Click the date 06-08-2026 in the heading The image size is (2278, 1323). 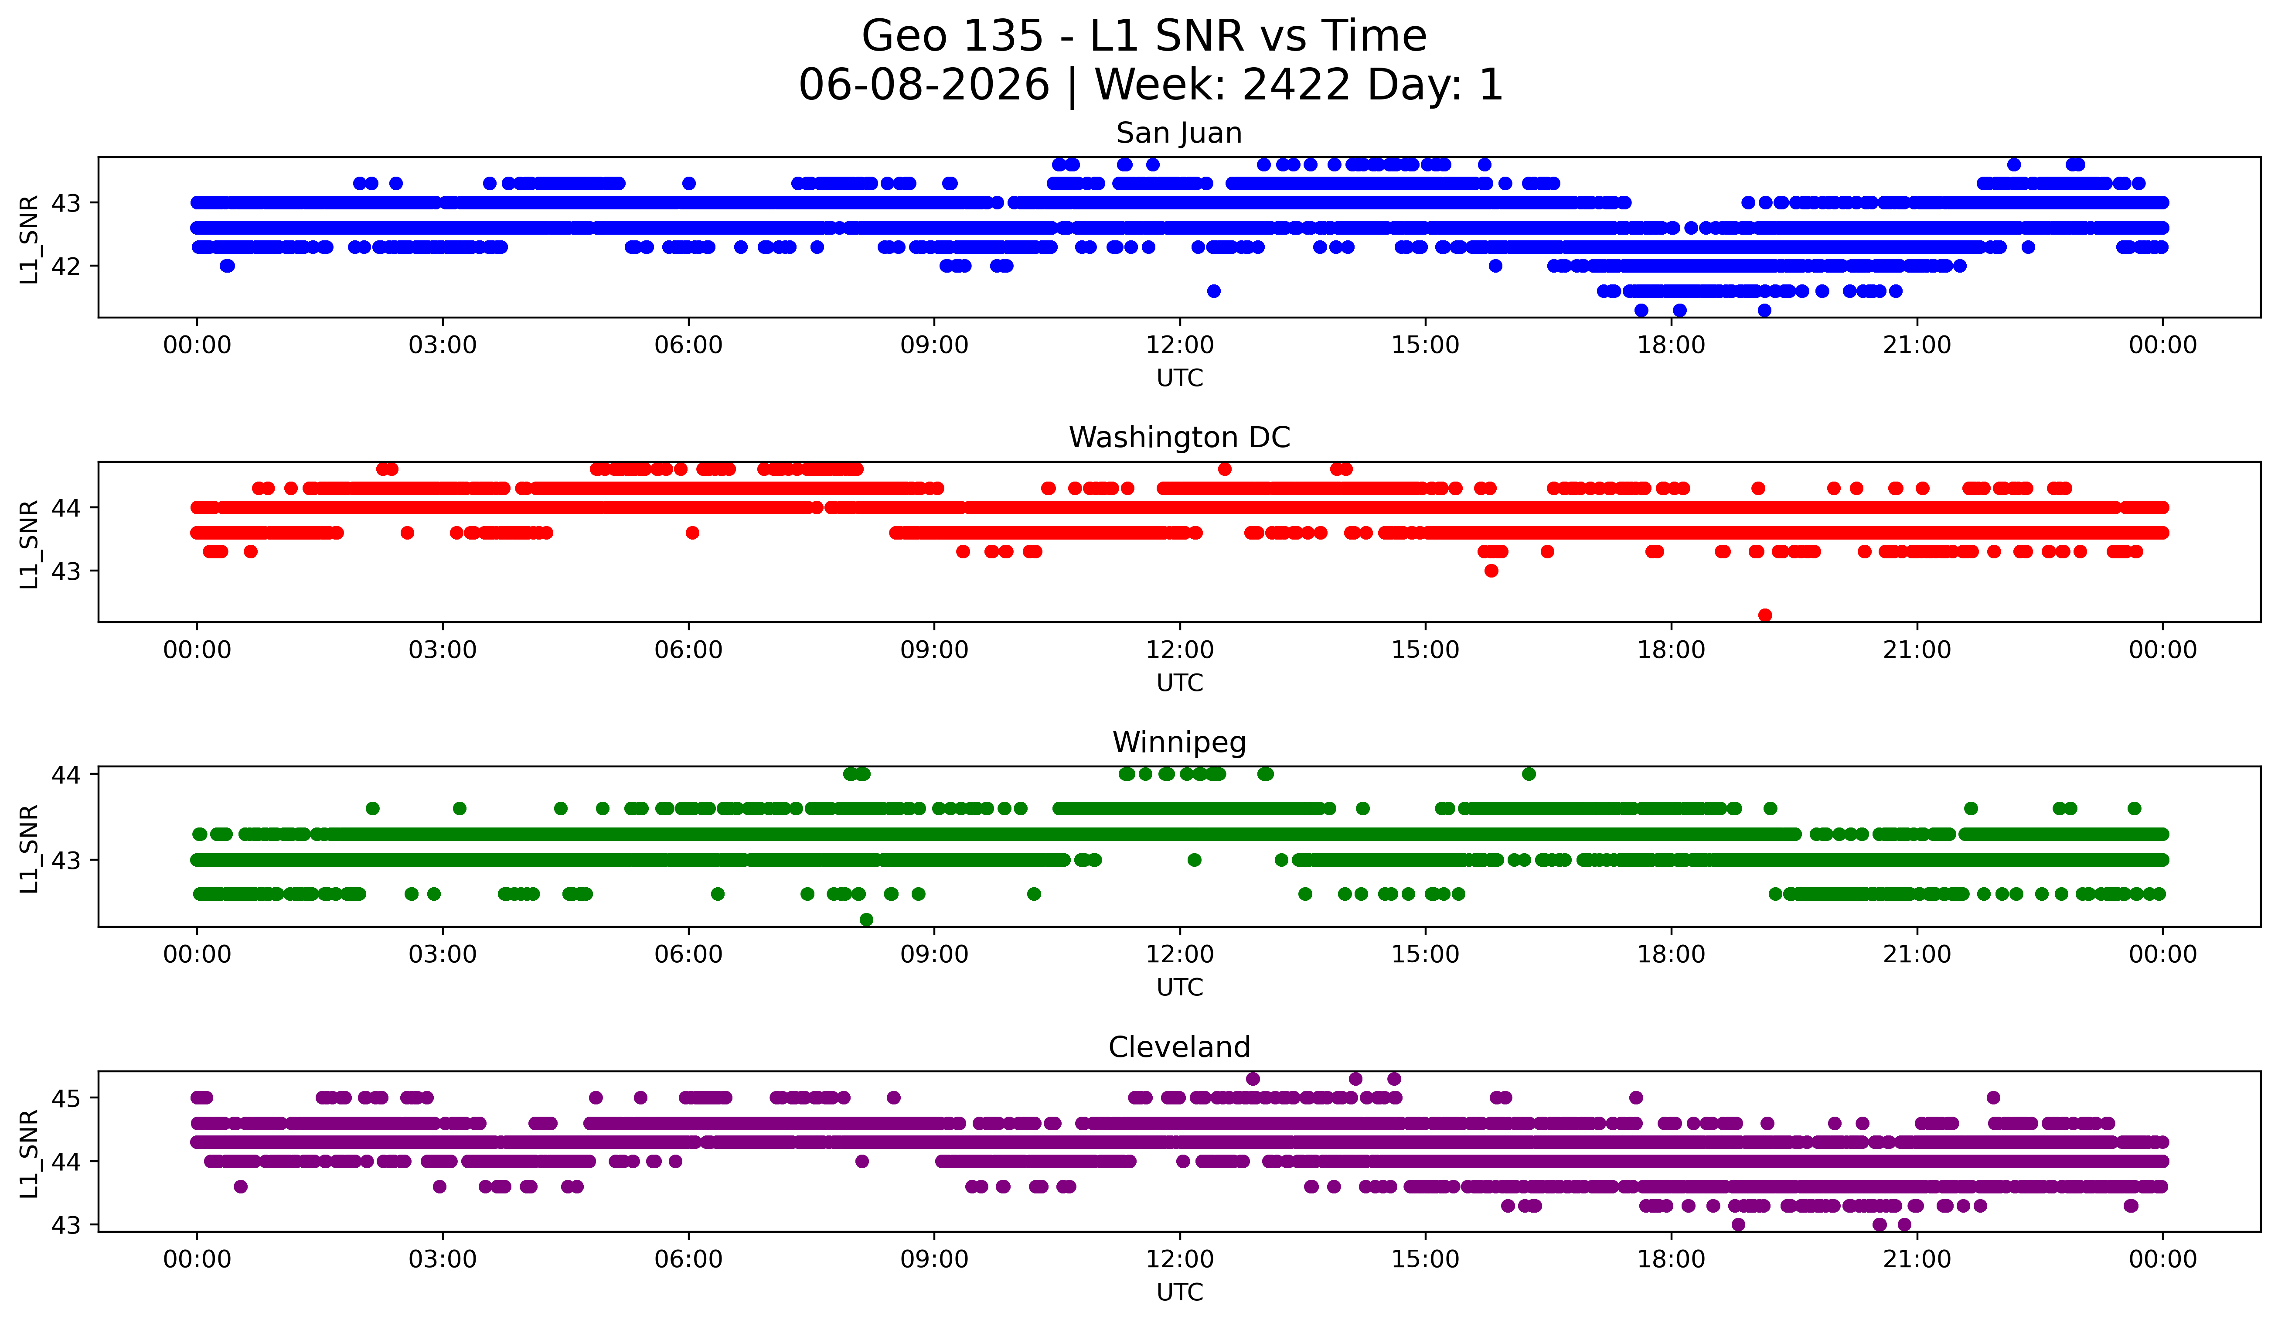click(x=924, y=85)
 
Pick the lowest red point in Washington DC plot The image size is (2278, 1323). click(x=1764, y=615)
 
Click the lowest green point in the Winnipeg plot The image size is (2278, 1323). click(x=866, y=920)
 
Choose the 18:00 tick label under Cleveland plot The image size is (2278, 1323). click(x=1672, y=1259)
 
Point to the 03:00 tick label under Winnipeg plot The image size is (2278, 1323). click(x=443, y=954)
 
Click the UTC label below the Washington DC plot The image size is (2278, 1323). click(x=1180, y=683)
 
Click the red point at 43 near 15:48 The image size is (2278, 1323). click(x=1491, y=571)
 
